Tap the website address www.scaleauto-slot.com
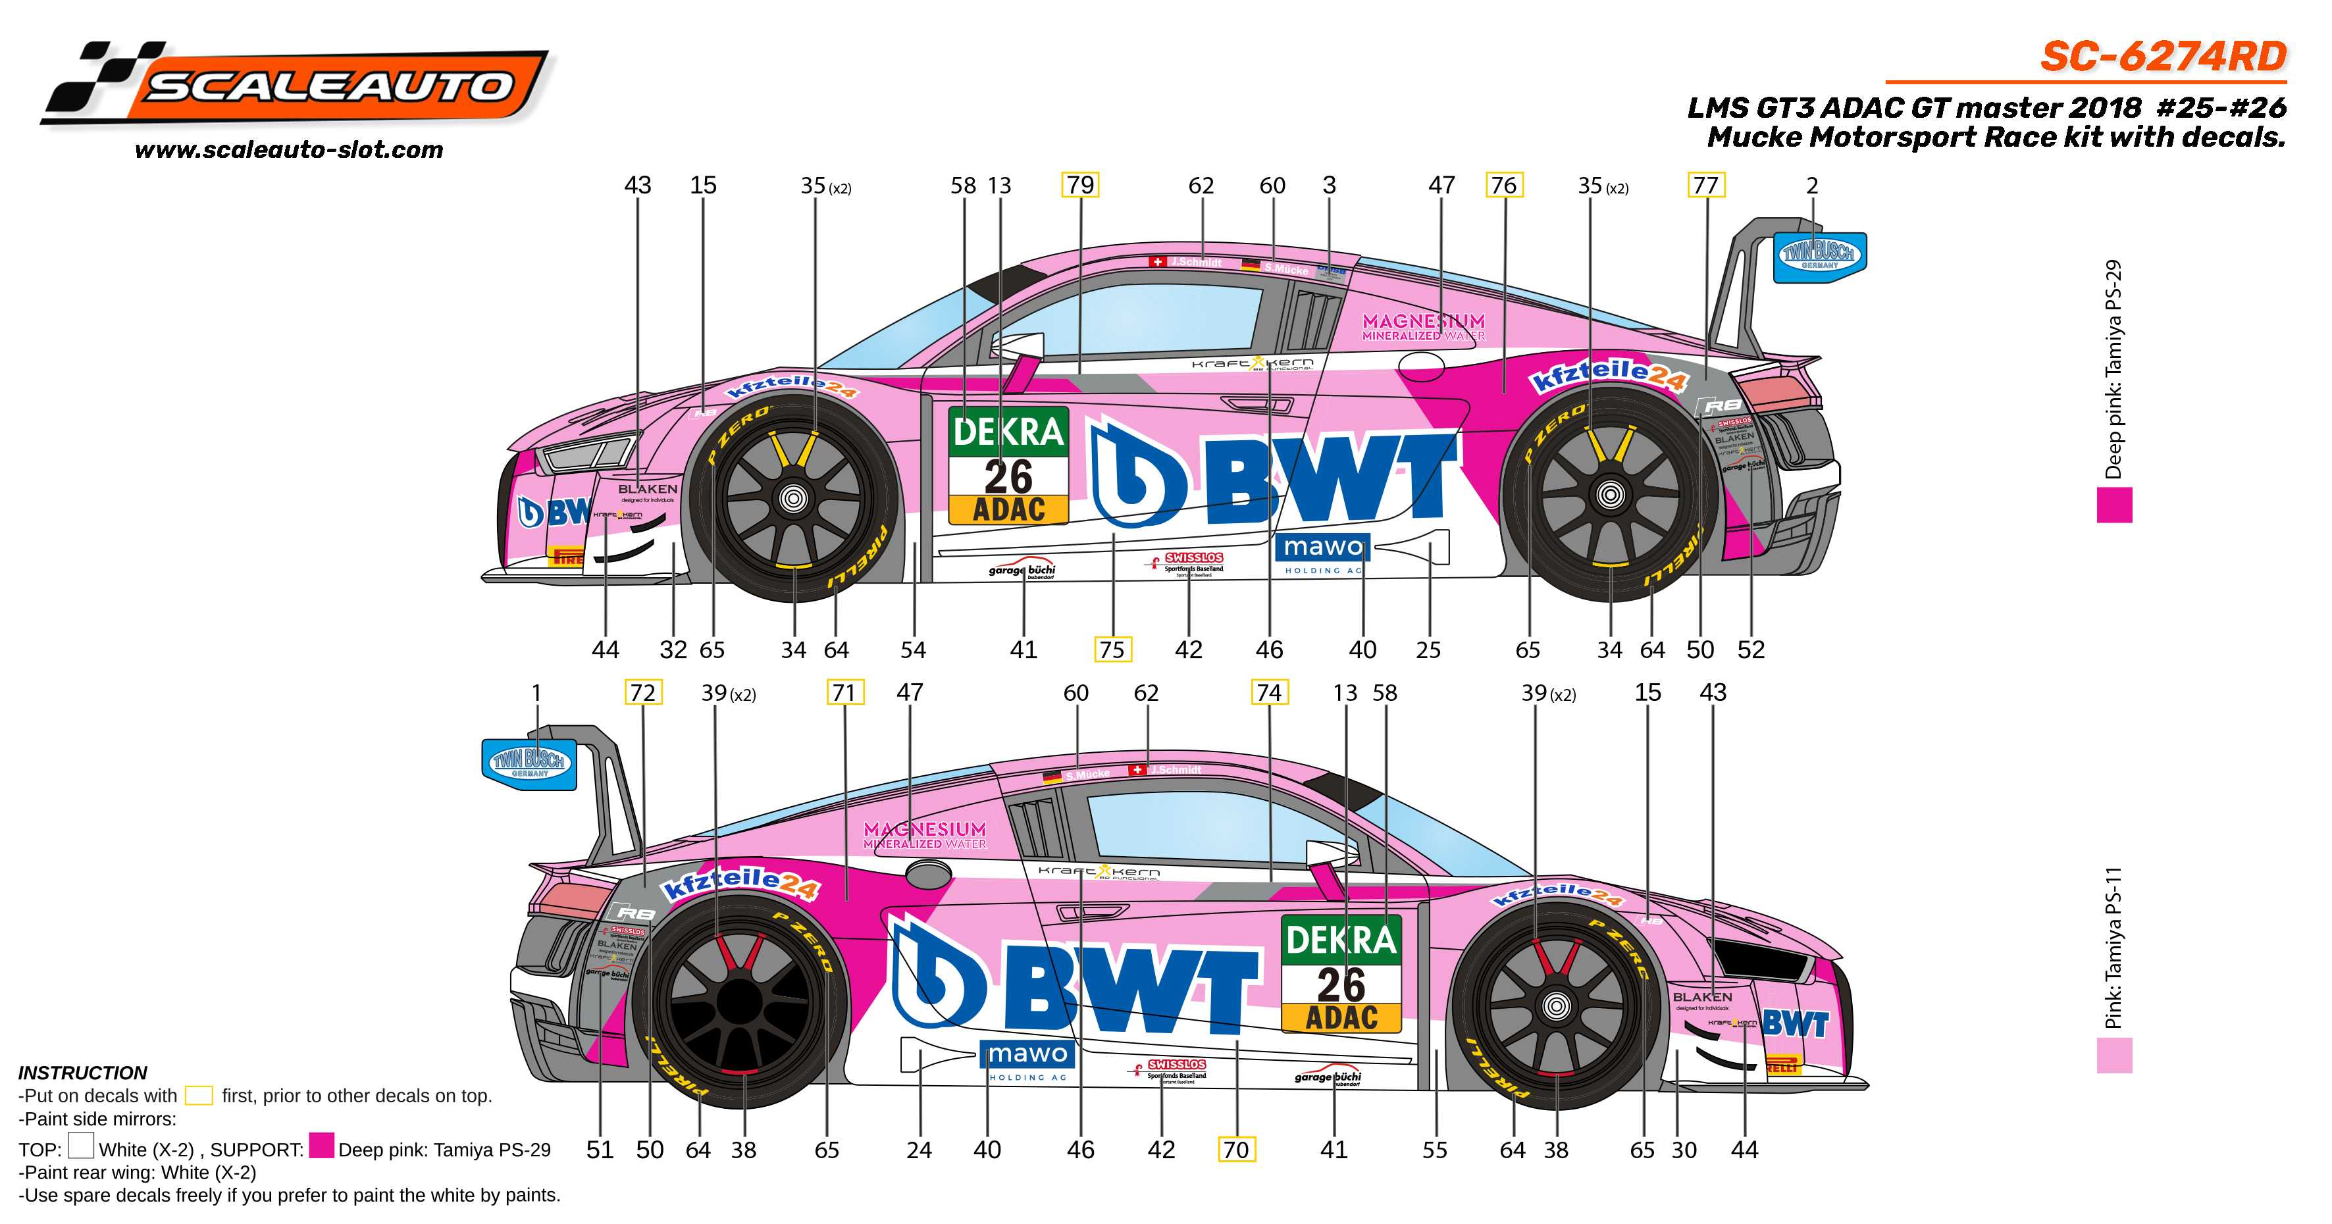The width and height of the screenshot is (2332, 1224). coord(289,150)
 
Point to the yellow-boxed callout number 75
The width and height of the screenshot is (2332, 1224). coord(1112,649)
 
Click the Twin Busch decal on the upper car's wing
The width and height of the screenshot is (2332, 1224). coord(1819,256)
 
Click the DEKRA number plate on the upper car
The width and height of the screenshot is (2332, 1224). coord(1008,465)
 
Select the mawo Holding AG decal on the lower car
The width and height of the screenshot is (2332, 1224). coord(1028,1059)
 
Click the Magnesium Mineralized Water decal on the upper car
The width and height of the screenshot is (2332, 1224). coord(1423,326)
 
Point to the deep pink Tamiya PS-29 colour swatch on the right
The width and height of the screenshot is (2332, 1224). coord(2114,505)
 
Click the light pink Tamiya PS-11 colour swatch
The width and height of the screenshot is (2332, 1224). coord(2114,1056)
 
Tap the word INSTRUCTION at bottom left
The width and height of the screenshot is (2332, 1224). coord(82,1073)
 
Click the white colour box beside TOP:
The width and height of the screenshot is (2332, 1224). coord(80,1146)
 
